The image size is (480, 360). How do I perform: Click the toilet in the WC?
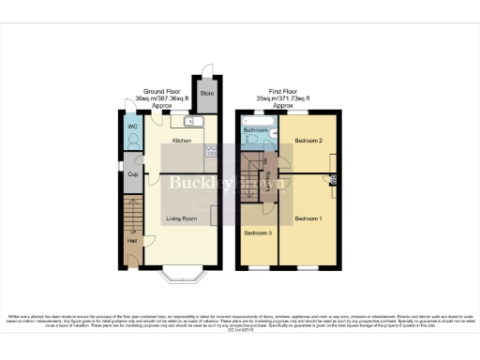point(134,142)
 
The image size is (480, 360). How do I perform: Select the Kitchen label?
point(181,141)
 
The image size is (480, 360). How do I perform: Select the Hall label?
point(131,242)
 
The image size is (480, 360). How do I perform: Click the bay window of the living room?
point(180,274)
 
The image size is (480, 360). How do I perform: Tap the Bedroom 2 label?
point(308,140)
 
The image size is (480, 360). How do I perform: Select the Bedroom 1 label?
point(307,217)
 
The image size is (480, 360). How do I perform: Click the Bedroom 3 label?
point(258,232)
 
